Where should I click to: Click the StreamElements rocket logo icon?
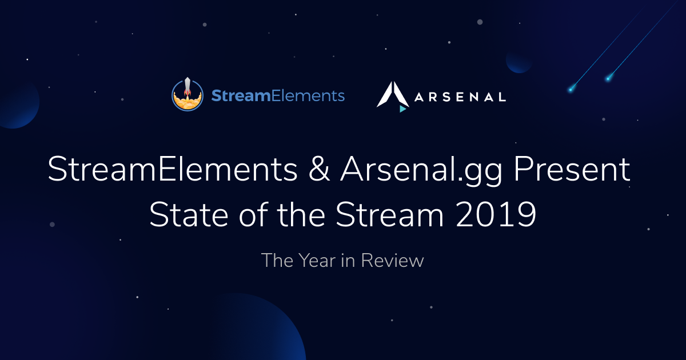tap(188, 94)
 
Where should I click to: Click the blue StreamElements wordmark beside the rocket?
tap(278, 95)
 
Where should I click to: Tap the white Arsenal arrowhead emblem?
tap(393, 94)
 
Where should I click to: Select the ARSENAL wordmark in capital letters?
tap(460, 97)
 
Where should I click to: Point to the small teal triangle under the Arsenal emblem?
tap(402, 109)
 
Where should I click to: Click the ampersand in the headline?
tap(319, 169)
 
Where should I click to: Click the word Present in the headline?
tap(572, 169)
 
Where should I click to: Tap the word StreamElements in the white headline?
tap(173, 169)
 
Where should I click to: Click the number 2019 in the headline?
tap(496, 214)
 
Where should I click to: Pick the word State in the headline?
tap(189, 214)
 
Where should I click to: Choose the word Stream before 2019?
tap(389, 214)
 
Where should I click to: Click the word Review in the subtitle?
tap(392, 261)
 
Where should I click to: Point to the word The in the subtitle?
tap(277, 261)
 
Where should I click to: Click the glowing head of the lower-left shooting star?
tap(571, 90)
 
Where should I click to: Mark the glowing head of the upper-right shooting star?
tap(608, 79)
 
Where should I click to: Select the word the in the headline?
tap(301, 214)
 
